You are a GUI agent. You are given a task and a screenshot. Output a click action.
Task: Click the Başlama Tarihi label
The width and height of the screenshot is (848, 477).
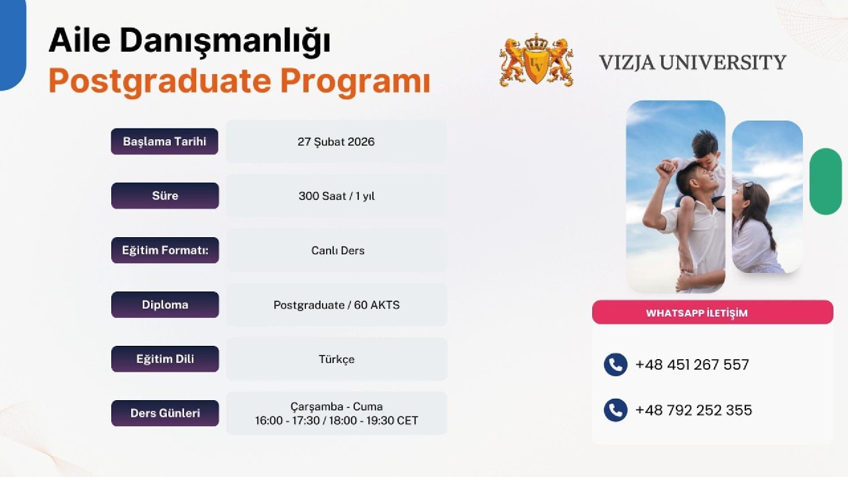(164, 141)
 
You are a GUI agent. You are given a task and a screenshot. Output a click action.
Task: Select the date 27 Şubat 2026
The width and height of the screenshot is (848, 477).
(336, 142)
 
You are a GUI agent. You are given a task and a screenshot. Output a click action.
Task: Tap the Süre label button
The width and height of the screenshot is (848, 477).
(164, 195)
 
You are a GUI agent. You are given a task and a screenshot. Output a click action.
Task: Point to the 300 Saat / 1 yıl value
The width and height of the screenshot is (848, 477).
(336, 196)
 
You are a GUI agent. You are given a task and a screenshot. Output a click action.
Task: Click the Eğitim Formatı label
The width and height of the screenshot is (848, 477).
(164, 250)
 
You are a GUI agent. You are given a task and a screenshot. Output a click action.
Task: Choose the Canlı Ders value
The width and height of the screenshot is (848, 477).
(337, 250)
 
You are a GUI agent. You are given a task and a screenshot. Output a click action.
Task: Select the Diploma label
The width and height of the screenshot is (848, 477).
(164, 305)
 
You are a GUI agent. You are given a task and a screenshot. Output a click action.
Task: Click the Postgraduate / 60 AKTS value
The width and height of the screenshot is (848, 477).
(337, 305)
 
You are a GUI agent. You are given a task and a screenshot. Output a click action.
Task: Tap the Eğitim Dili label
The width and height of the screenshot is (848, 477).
(164, 359)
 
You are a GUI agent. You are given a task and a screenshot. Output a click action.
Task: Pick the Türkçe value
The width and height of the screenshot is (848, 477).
(337, 359)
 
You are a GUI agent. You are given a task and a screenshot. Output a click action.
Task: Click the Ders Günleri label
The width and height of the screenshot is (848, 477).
(164, 413)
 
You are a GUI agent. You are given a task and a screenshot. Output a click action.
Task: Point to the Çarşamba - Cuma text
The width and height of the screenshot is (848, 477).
(337, 406)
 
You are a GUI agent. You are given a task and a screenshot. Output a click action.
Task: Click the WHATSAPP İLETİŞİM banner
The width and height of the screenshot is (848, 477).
(712, 313)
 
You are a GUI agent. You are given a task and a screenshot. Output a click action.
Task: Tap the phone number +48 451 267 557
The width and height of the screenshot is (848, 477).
(692, 364)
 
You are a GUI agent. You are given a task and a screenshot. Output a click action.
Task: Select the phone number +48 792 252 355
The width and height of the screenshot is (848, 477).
(693, 410)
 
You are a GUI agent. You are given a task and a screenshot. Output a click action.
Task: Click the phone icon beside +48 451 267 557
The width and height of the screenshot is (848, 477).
(615, 364)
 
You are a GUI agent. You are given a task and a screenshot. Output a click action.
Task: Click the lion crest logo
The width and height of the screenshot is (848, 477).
(536, 62)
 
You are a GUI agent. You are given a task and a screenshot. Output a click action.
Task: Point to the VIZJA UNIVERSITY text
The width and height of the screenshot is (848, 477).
(692, 62)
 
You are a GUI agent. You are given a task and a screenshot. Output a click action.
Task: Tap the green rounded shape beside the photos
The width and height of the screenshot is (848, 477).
(825, 181)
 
